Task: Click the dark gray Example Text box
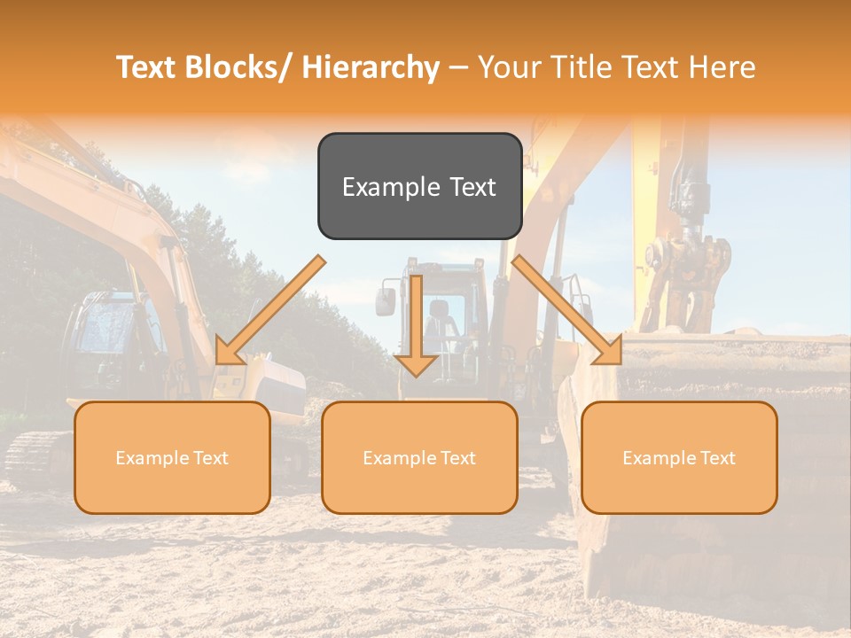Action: [x=419, y=186]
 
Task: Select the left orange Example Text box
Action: [x=172, y=457]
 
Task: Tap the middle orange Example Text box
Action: [x=419, y=457]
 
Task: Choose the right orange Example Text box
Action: [x=679, y=457]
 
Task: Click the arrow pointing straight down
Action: [x=416, y=323]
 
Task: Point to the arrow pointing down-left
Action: [x=270, y=310]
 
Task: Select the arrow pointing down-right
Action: [x=567, y=310]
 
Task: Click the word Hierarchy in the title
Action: [x=371, y=67]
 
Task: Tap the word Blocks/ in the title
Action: [x=237, y=67]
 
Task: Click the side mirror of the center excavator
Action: [x=385, y=300]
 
